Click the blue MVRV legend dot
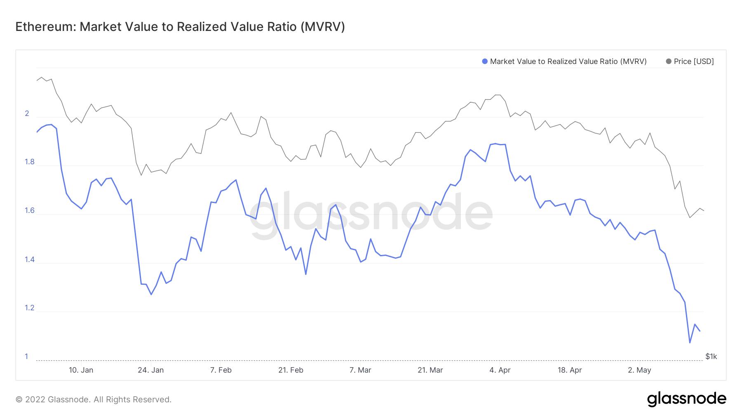point(485,61)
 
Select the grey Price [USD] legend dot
point(669,61)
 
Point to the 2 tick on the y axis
point(27,113)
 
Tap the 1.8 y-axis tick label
point(29,162)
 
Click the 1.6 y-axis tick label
point(29,210)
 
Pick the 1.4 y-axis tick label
point(29,260)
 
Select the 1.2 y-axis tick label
point(29,308)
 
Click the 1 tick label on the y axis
point(26,357)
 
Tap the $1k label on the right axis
point(711,357)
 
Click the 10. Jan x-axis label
point(81,370)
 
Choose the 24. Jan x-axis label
point(150,370)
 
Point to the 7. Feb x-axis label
point(221,370)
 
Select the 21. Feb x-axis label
point(291,370)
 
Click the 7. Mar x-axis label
point(360,370)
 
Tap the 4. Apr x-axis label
point(500,370)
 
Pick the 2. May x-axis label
point(639,370)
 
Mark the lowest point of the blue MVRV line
point(690,342)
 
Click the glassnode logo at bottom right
point(686,399)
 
